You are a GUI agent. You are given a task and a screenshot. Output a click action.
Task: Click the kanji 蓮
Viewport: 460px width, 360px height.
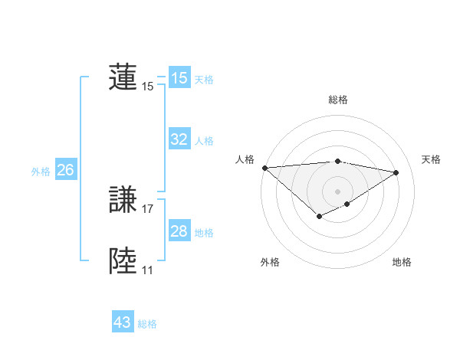(x=123, y=77)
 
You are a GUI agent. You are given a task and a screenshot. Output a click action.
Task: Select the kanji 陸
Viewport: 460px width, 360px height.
(x=123, y=260)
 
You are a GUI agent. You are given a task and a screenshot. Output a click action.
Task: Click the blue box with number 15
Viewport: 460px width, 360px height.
(x=179, y=78)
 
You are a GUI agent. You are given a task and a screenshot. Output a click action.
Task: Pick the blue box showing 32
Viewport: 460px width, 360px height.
(x=179, y=139)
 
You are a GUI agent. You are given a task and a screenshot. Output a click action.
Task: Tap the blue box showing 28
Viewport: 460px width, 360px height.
(x=179, y=231)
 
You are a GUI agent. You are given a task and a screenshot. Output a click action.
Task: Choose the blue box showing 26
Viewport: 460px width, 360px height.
(x=66, y=170)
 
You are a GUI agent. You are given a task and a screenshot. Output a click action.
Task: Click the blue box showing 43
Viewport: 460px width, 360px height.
(x=123, y=322)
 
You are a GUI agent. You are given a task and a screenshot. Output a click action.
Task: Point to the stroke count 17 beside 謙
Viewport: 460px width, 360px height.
(x=148, y=208)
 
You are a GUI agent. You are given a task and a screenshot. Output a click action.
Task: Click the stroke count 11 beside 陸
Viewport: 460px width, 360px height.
(x=147, y=270)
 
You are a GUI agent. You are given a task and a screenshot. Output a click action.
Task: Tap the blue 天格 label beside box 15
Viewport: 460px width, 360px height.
(x=204, y=80)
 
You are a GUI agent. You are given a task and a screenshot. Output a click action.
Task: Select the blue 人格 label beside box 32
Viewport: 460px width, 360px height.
(x=204, y=141)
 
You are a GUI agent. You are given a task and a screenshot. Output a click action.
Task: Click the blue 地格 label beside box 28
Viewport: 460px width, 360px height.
(x=204, y=233)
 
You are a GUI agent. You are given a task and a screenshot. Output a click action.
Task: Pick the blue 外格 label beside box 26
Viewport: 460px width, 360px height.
(x=41, y=172)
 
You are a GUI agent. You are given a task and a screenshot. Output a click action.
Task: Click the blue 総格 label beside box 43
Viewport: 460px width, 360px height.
(x=147, y=324)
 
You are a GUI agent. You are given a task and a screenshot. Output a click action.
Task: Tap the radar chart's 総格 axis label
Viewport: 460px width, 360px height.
(x=338, y=100)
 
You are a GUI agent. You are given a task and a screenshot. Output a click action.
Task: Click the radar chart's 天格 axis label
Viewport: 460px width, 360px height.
(x=432, y=159)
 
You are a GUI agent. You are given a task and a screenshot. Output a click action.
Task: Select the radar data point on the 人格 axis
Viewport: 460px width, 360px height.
(x=264, y=168)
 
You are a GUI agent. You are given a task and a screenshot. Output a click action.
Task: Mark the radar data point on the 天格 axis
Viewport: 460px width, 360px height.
(x=396, y=172)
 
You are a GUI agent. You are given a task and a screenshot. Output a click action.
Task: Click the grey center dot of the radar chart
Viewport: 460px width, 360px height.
(x=338, y=191)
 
